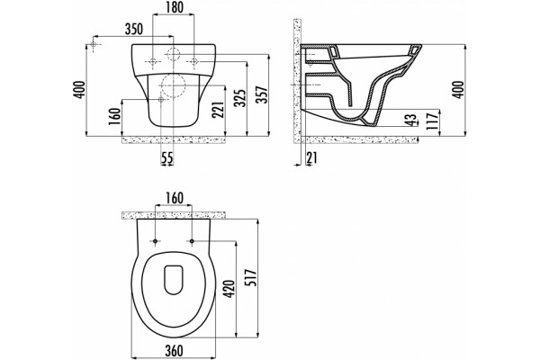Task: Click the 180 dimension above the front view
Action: (x=174, y=7)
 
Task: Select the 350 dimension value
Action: (x=133, y=30)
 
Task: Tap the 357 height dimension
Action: (x=263, y=94)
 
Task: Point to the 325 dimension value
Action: (x=240, y=98)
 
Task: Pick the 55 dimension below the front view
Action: (x=167, y=158)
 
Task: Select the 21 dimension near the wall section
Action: (x=311, y=157)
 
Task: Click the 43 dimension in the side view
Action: (x=410, y=120)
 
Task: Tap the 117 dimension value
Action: (x=432, y=121)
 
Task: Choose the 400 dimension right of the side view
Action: (x=458, y=90)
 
